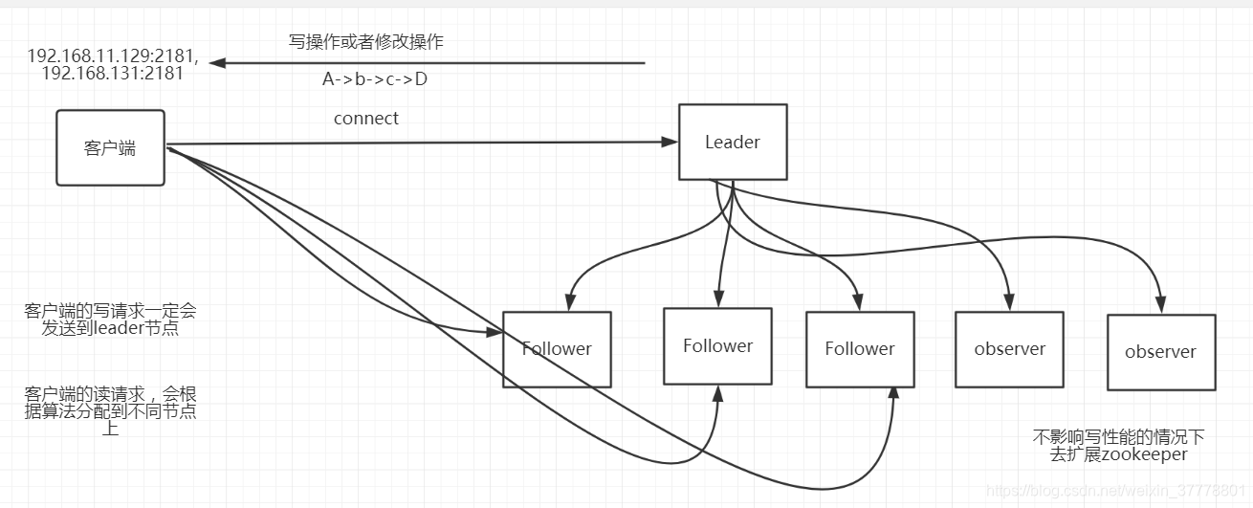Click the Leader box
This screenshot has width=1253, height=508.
click(733, 142)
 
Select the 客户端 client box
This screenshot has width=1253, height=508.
click(110, 147)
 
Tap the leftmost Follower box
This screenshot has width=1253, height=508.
click(557, 349)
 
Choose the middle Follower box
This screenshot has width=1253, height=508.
click(717, 345)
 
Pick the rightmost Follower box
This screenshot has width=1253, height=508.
click(860, 349)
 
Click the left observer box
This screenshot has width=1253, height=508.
click(1009, 349)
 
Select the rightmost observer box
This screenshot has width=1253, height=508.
click(1160, 352)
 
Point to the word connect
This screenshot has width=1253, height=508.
click(366, 119)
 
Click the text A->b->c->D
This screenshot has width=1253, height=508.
click(375, 79)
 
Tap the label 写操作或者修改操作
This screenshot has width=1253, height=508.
click(366, 42)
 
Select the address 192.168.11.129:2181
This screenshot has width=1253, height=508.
click(113, 55)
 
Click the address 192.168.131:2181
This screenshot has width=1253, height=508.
click(113, 74)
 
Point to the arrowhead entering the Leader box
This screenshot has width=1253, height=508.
click(670, 143)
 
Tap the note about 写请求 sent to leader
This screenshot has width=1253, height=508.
click(111, 320)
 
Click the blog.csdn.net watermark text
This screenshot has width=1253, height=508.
click(1114, 491)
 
